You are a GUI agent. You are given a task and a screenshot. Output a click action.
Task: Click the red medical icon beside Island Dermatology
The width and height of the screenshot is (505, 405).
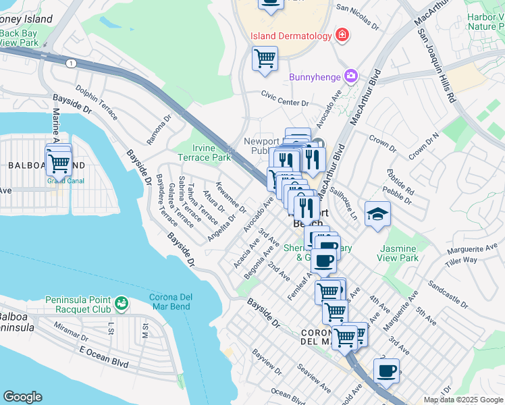click(x=342, y=34)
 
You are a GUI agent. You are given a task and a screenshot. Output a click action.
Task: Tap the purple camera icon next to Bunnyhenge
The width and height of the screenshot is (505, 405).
click(x=351, y=76)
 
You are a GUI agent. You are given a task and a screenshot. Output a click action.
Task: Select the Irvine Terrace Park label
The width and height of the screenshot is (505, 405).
click(x=203, y=152)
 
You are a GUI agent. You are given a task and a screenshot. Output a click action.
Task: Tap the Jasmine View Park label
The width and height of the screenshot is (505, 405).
click(x=398, y=253)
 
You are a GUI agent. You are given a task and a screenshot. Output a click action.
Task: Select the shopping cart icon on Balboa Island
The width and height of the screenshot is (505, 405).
click(x=59, y=163)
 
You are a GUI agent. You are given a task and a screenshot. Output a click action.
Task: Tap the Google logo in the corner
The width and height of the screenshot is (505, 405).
click(x=22, y=397)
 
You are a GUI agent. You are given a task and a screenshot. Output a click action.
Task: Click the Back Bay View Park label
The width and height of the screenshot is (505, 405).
click(x=20, y=37)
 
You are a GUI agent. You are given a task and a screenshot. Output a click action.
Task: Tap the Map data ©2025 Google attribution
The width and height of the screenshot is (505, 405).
click(x=463, y=400)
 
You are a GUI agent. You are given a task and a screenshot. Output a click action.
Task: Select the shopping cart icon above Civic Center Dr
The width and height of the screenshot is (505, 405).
click(x=265, y=59)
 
